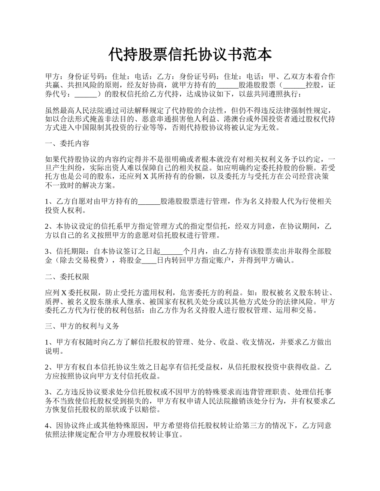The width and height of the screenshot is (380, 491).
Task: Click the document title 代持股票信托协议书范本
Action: click(190, 55)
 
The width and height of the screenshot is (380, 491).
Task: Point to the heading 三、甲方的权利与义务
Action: click(82, 326)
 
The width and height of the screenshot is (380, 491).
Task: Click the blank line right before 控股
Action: click(294, 85)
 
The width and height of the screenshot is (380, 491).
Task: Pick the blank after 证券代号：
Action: click(86, 95)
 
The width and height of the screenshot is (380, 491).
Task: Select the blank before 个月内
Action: click(171, 251)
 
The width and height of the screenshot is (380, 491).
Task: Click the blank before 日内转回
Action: click(149, 261)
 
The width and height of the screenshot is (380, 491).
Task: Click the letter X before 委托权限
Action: click(64, 292)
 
